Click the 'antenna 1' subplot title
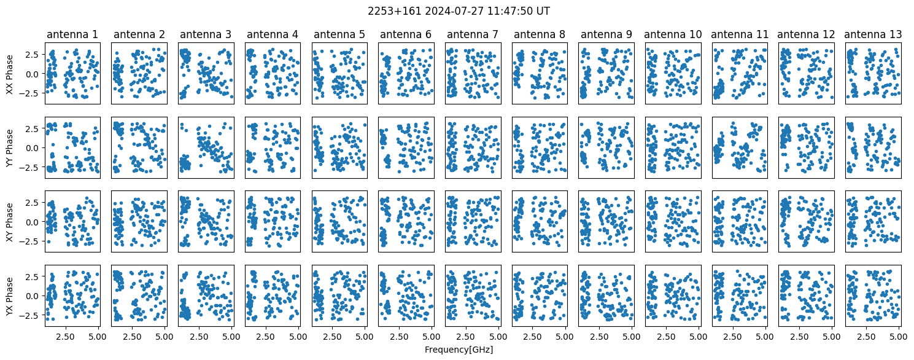[x=72, y=34]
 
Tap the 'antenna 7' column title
[x=473, y=34]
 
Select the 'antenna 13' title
[x=873, y=34]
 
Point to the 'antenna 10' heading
[x=673, y=34]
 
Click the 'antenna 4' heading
[x=272, y=34]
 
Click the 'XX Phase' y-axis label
[x=9, y=74]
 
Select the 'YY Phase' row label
[x=9, y=148]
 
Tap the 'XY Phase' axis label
[x=9, y=222]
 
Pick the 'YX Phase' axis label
[x=9, y=295]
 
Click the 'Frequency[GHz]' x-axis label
[x=459, y=350]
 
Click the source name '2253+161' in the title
[x=394, y=11]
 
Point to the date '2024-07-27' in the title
[x=451, y=11]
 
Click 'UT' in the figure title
[x=543, y=11]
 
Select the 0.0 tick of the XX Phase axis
[x=34, y=74]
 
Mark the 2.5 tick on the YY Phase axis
[x=34, y=128]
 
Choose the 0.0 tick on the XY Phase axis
[x=34, y=222]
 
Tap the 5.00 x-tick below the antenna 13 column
[x=899, y=337]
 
